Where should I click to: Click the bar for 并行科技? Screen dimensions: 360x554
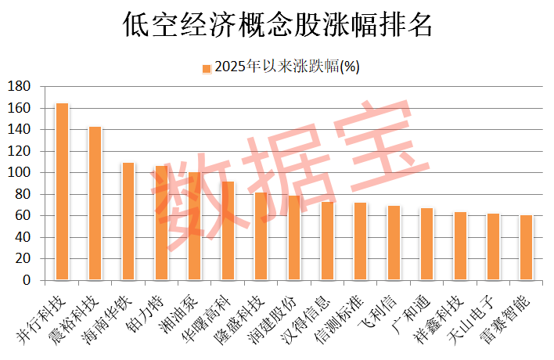(62, 192)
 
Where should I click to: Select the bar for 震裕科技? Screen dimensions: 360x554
(95, 203)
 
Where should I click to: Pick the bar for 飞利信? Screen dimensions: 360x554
(394, 243)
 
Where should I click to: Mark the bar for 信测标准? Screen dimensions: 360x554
(360, 241)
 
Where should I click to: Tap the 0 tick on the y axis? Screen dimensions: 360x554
(26, 280)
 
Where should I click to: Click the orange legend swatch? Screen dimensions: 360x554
(207, 68)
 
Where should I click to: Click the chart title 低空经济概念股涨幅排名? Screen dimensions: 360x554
(277, 25)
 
